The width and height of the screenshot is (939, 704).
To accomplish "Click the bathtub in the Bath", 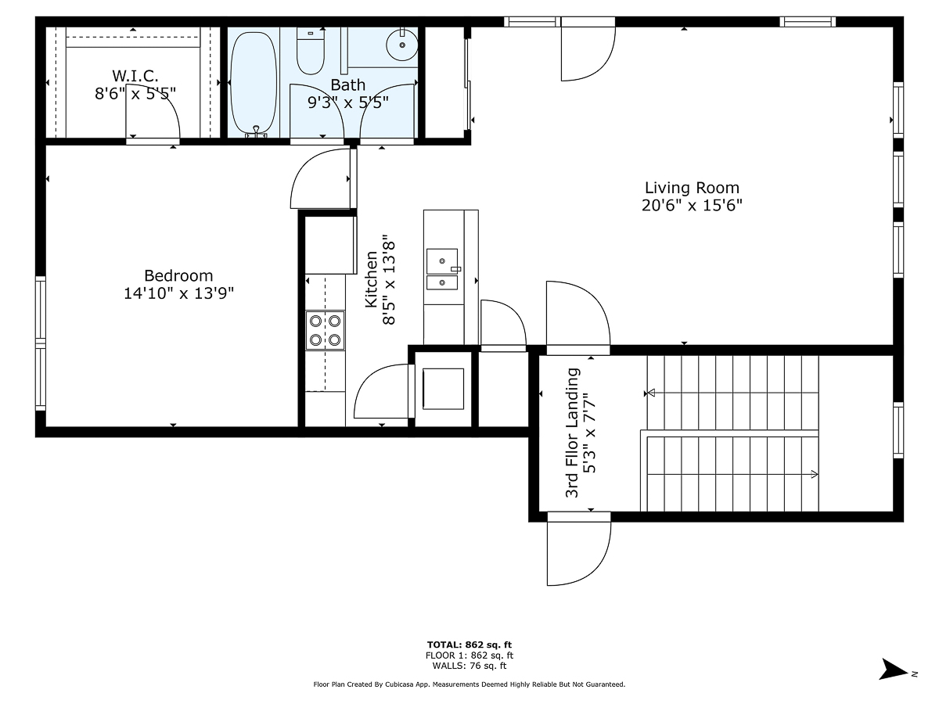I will click(x=253, y=82).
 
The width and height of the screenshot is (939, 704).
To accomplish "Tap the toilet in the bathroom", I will click(x=311, y=49).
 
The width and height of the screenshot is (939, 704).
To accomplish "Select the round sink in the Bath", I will click(x=402, y=45).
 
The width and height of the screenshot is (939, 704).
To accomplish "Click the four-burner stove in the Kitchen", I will click(x=325, y=329).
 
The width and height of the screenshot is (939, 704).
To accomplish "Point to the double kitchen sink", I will click(x=443, y=269).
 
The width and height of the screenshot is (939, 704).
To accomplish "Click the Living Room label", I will click(x=692, y=188).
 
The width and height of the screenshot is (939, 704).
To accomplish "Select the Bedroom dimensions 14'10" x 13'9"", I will click(x=178, y=293).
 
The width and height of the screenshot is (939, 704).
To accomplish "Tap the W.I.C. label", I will click(x=135, y=76).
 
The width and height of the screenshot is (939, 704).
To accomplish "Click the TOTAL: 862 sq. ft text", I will click(x=469, y=645).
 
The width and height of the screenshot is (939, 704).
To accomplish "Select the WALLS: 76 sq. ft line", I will click(x=469, y=666).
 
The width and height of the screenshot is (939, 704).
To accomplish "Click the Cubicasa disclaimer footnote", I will click(x=469, y=684).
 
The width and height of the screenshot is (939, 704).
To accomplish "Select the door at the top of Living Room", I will click(x=588, y=51).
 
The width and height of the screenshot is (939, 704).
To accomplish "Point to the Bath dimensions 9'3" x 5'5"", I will click(x=348, y=102).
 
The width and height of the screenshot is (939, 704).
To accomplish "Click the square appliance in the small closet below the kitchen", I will click(x=443, y=388).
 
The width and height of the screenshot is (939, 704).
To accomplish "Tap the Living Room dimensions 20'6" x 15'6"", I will click(x=692, y=206).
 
